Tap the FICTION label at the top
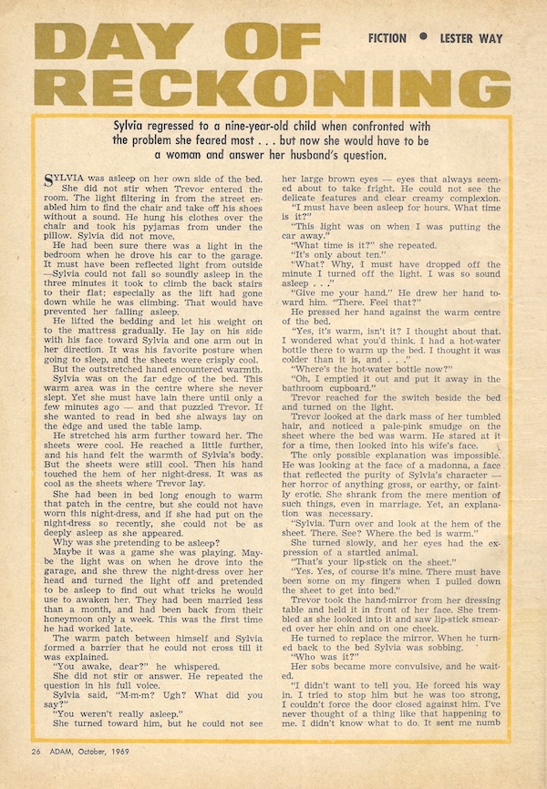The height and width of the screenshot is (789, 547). click(x=393, y=38)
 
